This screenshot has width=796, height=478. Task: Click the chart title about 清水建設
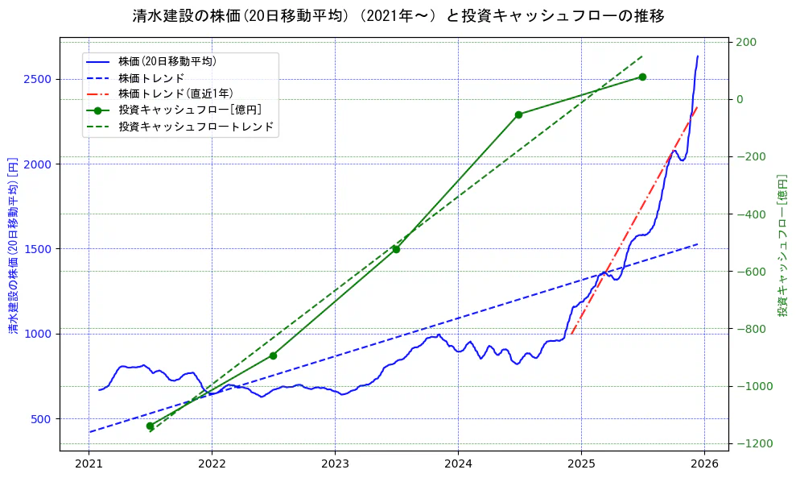[x=398, y=16]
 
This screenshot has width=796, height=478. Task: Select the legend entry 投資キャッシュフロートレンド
[x=196, y=127]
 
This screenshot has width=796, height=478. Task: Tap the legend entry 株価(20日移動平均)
[x=167, y=60]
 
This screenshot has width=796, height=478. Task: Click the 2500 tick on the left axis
[x=38, y=79]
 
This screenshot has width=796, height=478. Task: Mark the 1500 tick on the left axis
[x=38, y=249]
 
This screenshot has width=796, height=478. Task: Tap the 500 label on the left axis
[x=41, y=419]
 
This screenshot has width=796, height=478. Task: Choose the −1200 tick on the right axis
[x=752, y=444]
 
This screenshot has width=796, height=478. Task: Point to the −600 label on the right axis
[x=752, y=272]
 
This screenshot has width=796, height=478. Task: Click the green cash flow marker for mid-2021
[x=150, y=426]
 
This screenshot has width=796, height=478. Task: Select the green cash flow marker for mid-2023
[x=396, y=249]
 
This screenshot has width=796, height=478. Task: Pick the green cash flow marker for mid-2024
[x=518, y=114]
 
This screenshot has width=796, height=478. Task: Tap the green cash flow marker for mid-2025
[x=642, y=77]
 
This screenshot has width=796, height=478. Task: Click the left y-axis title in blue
[x=13, y=245]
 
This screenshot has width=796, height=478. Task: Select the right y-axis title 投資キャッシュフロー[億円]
[x=782, y=245]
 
